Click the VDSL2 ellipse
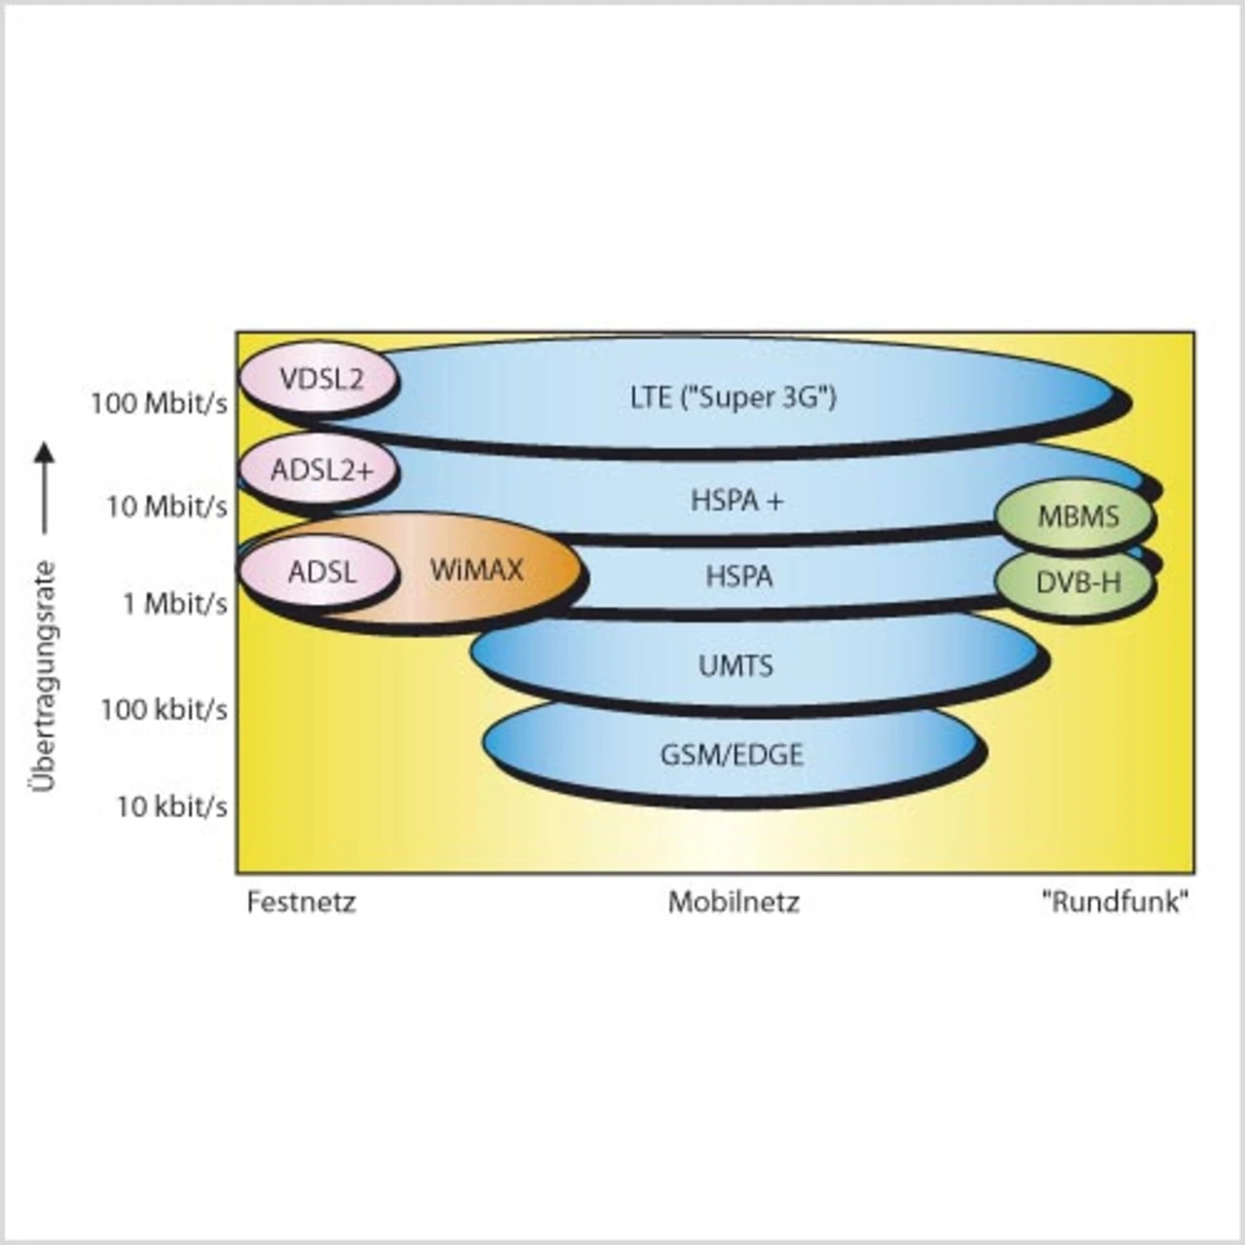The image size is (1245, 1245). point(319,378)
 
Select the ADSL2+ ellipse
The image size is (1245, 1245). point(320,470)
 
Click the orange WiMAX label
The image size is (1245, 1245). point(477,570)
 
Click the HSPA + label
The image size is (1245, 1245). point(737,501)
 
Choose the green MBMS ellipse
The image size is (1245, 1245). point(1076,516)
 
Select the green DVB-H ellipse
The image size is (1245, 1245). point(1076,583)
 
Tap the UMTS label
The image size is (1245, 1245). point(736,666)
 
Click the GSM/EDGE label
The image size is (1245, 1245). point(731,755)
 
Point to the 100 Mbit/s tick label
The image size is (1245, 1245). point(160,403)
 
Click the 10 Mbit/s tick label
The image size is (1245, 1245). point(167,507)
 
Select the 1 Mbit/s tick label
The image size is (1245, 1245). point(175,604)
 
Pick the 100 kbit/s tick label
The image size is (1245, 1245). point(163,710)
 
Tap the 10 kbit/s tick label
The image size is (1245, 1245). point(172,806)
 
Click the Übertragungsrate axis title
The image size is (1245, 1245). point(45,676)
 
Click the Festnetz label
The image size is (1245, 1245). point(302,903)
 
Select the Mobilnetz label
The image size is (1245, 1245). point(733,903)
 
